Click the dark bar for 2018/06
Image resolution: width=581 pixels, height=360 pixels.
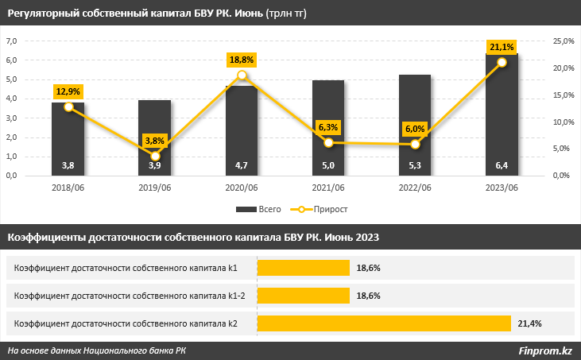pyautogui.click(x=68, y=139)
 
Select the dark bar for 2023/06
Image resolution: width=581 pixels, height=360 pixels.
pyautogui.click(x=502, y=114)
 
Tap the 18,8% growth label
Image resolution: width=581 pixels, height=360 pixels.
pyautogui.click(x=242, y=60)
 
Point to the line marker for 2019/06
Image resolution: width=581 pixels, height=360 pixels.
pyautogui.click(x=155, y=156)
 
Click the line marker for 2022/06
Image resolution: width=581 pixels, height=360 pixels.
pyautogui.click(x=416, y=144)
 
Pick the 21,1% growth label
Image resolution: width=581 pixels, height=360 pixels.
pyautogui.click(x=502, y=47)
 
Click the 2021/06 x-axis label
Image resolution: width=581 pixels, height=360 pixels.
pyautogui.click(x=328, y=188)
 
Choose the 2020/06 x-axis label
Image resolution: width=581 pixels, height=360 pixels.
pyautogui.click(x=242, y=188)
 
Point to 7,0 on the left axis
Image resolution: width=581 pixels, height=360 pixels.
pyautogui.click(x=11, y=41)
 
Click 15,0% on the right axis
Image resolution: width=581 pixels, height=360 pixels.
pyautogui.click(x=564, y=95)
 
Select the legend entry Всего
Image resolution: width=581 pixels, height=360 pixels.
pyautogui.click(x=258, y=209)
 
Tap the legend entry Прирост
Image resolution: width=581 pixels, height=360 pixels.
pyautogui.click(x=319, y=209)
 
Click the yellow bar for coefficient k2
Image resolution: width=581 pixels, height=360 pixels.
pyautogui.click(x=384, y=323)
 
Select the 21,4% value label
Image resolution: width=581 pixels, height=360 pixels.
pyautogui.click(x=529, y=323)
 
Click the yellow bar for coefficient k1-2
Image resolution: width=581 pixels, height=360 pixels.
pyautogui.click(x=304, y=296)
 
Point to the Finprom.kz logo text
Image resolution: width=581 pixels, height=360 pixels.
pyautogui.click(x=545, y=350)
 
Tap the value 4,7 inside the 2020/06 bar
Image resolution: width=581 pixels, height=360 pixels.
pyautogui.click(x=242, y=165)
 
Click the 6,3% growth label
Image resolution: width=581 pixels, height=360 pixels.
pyautogui.click(x=328, y=127)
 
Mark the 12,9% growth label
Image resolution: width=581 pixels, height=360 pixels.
pyautogui.click(x=68, y=91)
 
